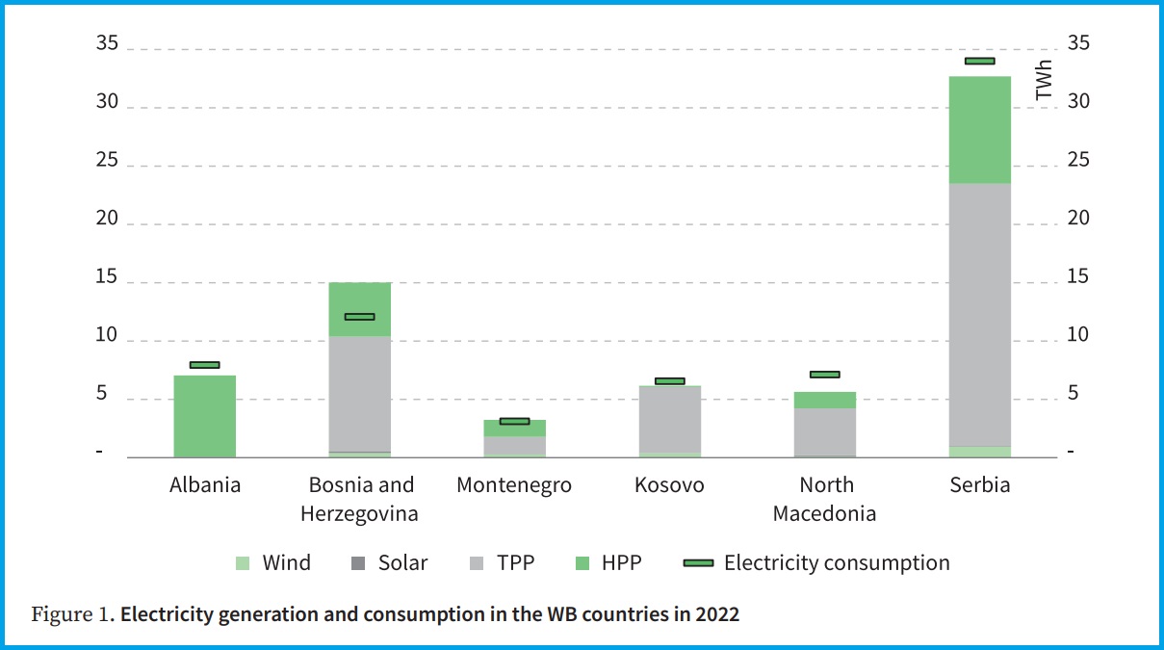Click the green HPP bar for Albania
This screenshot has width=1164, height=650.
pos(204,416)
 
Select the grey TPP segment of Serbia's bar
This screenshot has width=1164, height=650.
pos(980,315)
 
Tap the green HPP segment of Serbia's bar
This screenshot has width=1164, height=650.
pos(980,130)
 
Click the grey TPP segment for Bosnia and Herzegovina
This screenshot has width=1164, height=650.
pos(360,393)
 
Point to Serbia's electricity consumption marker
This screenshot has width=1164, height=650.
pos(980,61)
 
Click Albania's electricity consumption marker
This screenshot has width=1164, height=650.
pos(204,365)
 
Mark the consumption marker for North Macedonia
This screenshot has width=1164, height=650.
pos(824,375)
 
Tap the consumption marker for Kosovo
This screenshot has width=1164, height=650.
pos(669,381)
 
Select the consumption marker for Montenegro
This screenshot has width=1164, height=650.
pos(514,421)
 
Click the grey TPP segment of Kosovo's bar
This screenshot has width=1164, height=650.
pos(669,419)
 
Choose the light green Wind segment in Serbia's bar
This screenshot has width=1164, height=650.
pos(980,452)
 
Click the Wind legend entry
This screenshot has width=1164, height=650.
pos(273,563)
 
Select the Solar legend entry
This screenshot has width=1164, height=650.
pos(390,563)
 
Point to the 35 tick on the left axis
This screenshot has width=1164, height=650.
pos(107,44)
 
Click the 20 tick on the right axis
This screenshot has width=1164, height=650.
pos(1077,220)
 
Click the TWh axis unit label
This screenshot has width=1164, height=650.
pos(1044,80)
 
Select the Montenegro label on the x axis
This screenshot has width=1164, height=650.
pos(514,485)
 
